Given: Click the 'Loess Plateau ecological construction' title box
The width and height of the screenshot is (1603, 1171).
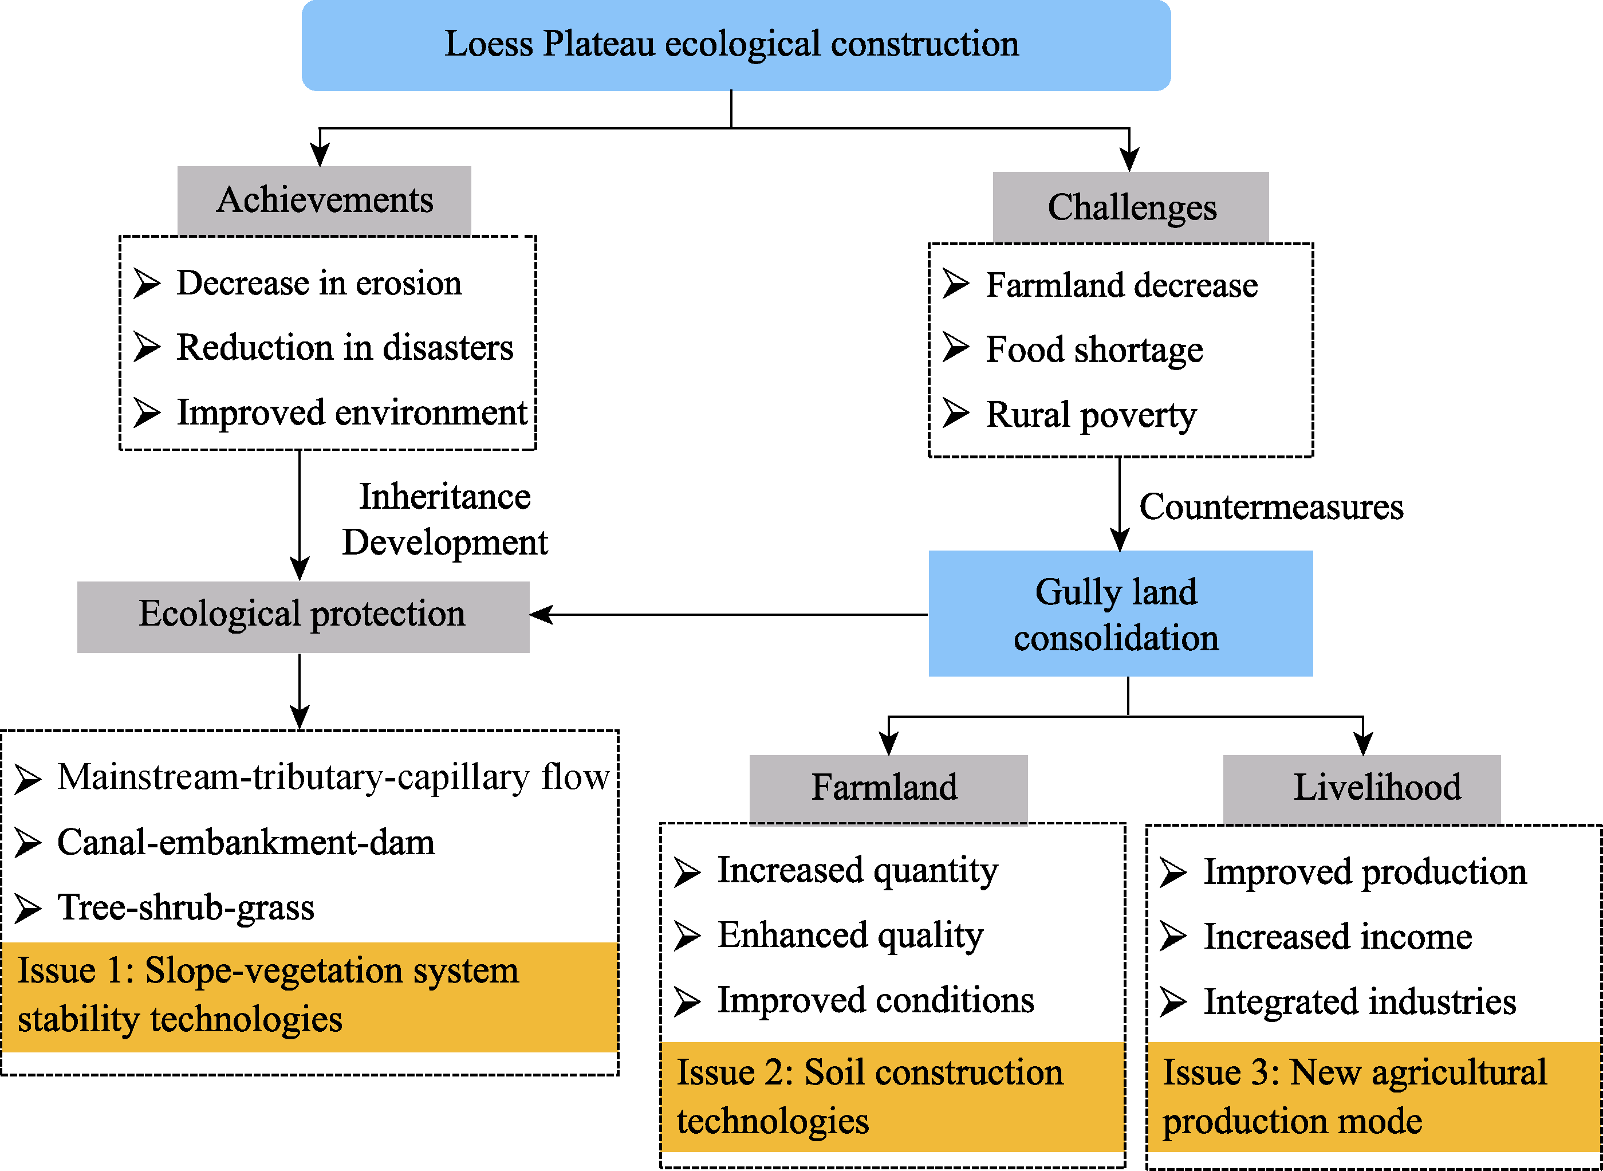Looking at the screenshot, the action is [736, 45].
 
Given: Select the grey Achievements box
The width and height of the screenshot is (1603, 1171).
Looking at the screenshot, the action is [324, 201].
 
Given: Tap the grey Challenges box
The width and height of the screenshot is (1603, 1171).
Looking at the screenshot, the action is [1131, 207].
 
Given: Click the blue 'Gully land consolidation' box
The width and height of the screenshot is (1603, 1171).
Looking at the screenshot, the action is [1120, 613].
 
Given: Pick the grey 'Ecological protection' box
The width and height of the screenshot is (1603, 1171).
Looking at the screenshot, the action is [304, 616].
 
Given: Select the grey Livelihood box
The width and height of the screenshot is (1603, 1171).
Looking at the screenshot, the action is [1361, 789].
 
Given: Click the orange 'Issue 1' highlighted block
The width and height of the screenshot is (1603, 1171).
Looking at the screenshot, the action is [309, 997].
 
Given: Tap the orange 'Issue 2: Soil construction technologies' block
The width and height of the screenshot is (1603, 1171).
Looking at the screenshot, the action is [892, 1097].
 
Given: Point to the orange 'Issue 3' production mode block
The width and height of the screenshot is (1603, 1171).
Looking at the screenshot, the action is [1374, 1097].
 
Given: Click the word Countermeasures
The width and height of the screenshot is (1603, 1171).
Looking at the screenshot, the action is [1271, 507].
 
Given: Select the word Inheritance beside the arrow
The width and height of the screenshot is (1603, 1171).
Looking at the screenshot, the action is [445, 496].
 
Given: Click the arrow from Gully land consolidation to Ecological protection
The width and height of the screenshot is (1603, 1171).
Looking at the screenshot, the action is [728, 615].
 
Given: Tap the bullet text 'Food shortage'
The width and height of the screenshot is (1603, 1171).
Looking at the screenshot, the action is [1094, 349].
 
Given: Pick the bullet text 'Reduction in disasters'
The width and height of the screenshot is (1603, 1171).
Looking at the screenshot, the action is [345, 347].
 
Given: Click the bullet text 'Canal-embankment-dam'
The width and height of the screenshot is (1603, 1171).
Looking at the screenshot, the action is [246, 842].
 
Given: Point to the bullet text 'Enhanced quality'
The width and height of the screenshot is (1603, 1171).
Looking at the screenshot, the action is [850, 935].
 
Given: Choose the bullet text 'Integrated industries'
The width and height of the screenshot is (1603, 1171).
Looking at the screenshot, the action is [1360, 1001].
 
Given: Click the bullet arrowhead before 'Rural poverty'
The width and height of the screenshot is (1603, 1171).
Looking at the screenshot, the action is [956, 412].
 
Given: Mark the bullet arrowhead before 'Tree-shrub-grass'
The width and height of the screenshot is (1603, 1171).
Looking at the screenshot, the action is [28, 908].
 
